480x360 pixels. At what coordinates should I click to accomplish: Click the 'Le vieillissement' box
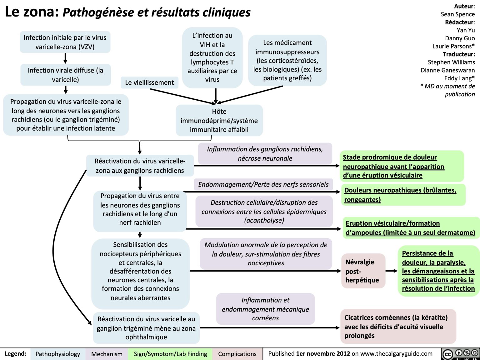pyautogui.click(x=149, y=82)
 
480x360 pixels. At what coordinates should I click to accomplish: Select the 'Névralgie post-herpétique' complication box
pyautogui.click(x=362, y=271)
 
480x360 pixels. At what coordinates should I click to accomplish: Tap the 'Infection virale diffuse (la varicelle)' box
pyautogui.click(x=65, y=75)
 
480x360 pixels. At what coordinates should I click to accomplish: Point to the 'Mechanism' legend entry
pyautogui.click(x=107, y=354)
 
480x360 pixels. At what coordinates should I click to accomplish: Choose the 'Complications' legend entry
pyautogui.click(x=237, y=354)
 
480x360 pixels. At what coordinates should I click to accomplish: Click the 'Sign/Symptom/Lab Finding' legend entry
pyautogui.click(x=170, y=354)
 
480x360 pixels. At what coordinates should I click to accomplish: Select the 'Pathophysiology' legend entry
pyautogui.click(x=58, y=354)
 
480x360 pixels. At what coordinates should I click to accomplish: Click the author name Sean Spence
pyautogui.click(x=457, y=14)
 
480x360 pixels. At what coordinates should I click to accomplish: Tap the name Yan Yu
pyautogui.click(x=466, y=30)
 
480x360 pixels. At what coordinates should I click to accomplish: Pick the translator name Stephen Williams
pyautogui.click(x=451, y=62)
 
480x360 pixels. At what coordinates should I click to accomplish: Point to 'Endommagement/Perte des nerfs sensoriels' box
pyautogui.click(x=263, y=184)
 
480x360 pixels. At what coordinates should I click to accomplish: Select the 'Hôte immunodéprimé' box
pyautogui.click(x=219, y=120)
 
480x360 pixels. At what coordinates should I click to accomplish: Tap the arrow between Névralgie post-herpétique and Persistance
pyautogui.click(x=391, y=271)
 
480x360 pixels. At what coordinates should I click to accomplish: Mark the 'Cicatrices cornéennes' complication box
pyautogui.click(x=397, y=327)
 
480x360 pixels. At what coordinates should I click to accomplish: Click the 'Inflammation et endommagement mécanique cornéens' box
pyautogui.click(x=265, y=309)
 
